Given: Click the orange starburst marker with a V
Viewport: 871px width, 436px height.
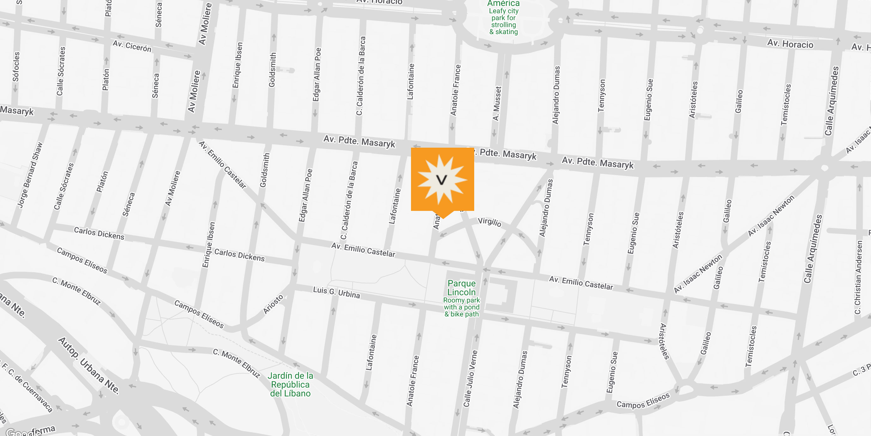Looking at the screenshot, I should click(x=442, y=179).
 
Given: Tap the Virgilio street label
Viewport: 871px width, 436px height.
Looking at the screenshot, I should click(x=489, y=222).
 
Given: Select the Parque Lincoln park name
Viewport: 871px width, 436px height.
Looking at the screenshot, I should click(x=462, y=288).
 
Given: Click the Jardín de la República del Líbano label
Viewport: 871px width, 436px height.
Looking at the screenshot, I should click(x=290, y=384).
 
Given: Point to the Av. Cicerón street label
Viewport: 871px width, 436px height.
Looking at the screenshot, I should click(x=132, y=46).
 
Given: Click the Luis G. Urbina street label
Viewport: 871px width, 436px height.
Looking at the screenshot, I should click(x=336, y=292).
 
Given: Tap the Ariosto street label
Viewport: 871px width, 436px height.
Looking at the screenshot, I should click(x=273, y=304).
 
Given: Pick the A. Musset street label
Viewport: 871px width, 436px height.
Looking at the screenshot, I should click(x=497, y=103).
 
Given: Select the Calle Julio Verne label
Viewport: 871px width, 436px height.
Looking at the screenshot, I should click(x=470, y=378).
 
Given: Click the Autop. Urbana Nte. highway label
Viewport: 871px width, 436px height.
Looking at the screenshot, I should click(x=88, y=365).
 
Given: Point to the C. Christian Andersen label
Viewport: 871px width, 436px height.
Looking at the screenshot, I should click(x=858, y=277).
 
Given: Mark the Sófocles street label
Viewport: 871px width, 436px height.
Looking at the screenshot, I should click(x=16, y=67).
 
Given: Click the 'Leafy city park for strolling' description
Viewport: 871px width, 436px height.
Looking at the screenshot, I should click(x=504, y=21).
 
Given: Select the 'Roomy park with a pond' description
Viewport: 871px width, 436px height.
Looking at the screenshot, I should click(x=462, y=307).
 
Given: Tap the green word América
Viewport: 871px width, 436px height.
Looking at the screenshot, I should click(x=504, y=4).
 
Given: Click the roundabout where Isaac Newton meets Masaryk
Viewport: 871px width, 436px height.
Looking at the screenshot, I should click(x=824, y=168).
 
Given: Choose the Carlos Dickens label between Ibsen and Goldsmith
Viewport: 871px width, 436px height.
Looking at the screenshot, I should click(x=239, y=255).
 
